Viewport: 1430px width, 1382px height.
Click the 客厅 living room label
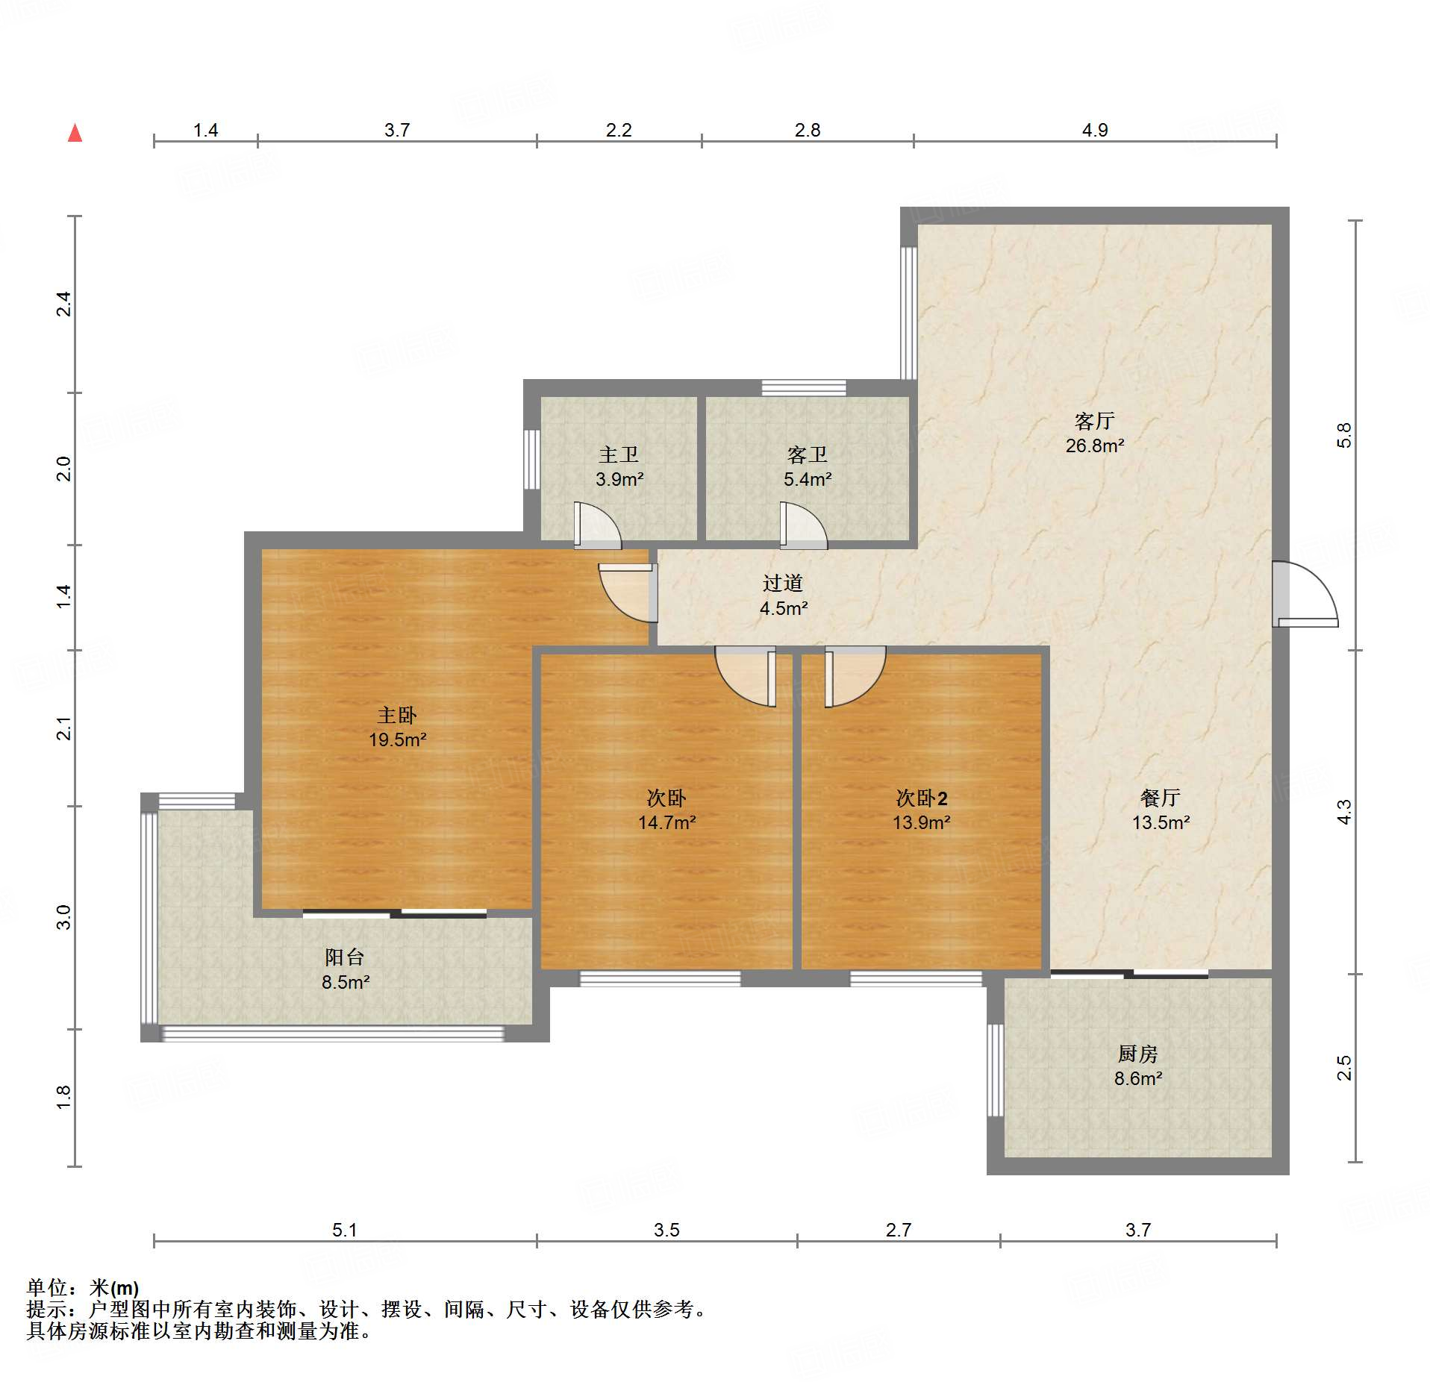click(1094, 421)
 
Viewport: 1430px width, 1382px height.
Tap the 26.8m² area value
click(1095, 445)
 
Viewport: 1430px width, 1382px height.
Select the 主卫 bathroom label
click(619, 454)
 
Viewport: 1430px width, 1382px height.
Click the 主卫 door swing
click(597, 525)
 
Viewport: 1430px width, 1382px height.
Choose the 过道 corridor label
click(783, 583)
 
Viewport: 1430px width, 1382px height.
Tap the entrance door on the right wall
click(1305, 594)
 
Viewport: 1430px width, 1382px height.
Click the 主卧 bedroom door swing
click(628, 592)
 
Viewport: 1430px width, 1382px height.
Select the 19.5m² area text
click(398, 740)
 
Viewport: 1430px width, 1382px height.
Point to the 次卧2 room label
click(922, 798)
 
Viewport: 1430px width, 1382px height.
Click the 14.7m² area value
click(666, 822)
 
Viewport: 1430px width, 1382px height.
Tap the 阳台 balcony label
click(345, 957)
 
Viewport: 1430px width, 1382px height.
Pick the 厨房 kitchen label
click(1138, 1054)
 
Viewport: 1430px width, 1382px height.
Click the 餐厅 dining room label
click(1161, 798)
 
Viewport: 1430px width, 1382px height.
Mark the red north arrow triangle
click(75, 134)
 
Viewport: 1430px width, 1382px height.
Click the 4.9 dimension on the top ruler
click(1095, 130)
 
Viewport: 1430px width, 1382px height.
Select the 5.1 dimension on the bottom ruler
click(345, 1229)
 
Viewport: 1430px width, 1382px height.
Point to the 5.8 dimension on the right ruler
click(1343, 435)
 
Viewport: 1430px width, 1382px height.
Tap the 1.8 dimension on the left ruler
click(64, 1097)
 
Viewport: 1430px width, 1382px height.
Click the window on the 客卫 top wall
click(804, 387)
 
